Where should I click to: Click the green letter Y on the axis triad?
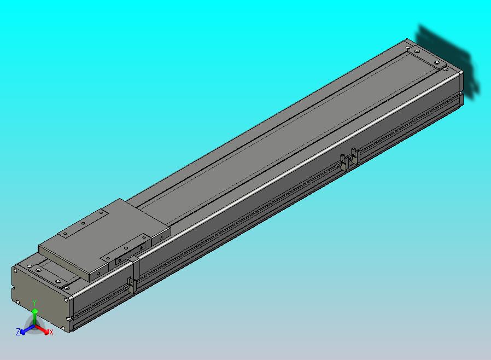[x=34, y=303]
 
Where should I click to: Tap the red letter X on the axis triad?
[x=51, y=332]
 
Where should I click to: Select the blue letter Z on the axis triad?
[x=18, y=332]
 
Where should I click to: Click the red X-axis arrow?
[x=42, y=329]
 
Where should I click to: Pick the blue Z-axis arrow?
[x=27, y=329]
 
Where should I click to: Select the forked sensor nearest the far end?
[x=355, y=156]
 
